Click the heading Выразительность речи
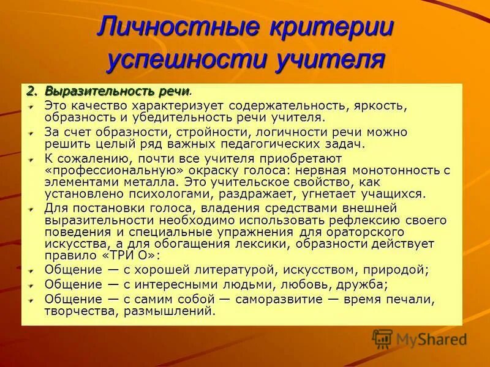pos(116,92)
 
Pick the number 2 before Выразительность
pos(29,92)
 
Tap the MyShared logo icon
pos(382,339)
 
